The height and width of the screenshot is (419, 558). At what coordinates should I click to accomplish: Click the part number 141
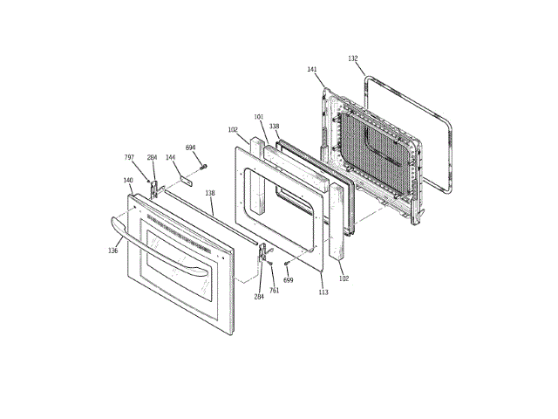tap(312, 70)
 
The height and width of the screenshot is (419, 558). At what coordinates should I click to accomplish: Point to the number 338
tap(274, 126)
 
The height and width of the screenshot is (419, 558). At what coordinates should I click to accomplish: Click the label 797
tap(129, 157)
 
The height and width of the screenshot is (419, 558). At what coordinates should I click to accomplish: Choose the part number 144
tap(170, 158)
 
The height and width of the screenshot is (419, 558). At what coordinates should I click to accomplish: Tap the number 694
tap(191, 148)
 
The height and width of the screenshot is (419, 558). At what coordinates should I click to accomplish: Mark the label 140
tap(127, 181)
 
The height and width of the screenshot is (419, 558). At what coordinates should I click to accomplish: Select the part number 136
tap(113, 251)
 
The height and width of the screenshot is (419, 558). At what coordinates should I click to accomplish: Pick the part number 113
tap(323, 292)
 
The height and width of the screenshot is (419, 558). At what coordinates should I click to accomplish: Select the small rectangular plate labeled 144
tap(186, 182)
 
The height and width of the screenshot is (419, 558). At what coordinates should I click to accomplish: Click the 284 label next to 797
tap(152, 157)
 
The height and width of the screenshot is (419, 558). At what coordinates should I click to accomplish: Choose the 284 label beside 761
tap(259, 297)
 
